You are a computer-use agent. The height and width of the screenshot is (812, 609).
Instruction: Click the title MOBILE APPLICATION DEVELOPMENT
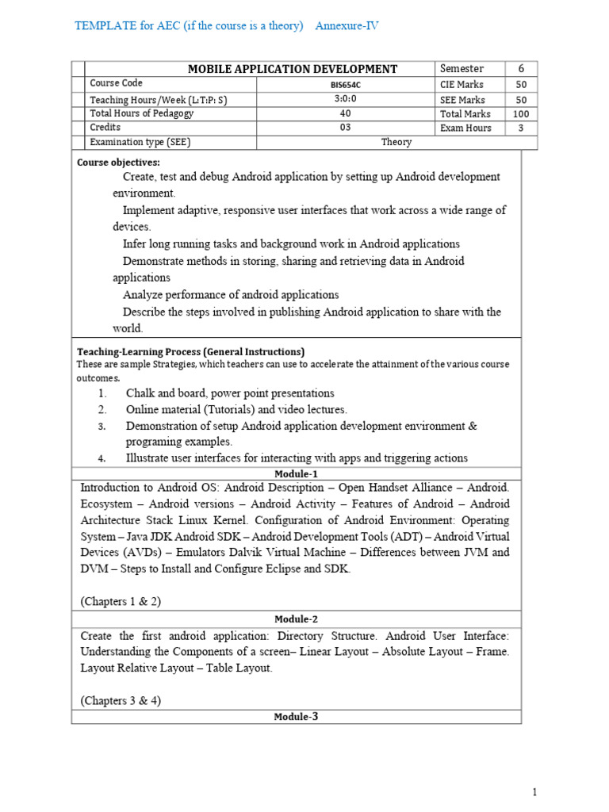(293, 69)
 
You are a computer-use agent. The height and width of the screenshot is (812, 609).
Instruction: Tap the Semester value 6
(521, 69)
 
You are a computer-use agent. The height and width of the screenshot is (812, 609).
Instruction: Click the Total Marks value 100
(521, 114)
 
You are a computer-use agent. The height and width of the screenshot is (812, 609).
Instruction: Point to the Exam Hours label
(465, 128)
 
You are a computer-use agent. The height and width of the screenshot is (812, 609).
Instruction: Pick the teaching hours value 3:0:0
(346, 99)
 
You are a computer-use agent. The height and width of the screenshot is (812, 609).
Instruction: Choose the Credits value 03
(346, 128)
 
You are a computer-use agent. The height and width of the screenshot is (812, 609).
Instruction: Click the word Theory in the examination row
(396, 143)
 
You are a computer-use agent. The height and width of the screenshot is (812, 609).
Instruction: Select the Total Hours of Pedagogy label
(141, 113)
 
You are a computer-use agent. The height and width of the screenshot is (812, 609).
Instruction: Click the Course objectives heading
(118, 163)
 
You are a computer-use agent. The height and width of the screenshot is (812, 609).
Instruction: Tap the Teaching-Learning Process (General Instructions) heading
(190, 351)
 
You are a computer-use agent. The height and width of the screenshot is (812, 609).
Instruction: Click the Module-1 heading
(296, 473)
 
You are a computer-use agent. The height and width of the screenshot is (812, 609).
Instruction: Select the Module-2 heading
(296, 619)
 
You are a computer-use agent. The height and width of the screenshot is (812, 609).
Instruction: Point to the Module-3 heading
(296, 717)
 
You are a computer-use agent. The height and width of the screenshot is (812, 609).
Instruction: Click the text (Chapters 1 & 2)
(121, 601)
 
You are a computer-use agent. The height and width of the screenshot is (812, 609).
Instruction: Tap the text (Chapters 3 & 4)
(121, 700)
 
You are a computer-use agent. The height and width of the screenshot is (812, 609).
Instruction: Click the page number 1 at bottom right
(534, 791)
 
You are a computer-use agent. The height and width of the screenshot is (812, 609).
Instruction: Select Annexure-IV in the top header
(347, 26)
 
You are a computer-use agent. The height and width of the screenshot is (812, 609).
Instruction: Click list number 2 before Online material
(102, 409)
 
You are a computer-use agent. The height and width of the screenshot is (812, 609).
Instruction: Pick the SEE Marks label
(462, 100)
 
